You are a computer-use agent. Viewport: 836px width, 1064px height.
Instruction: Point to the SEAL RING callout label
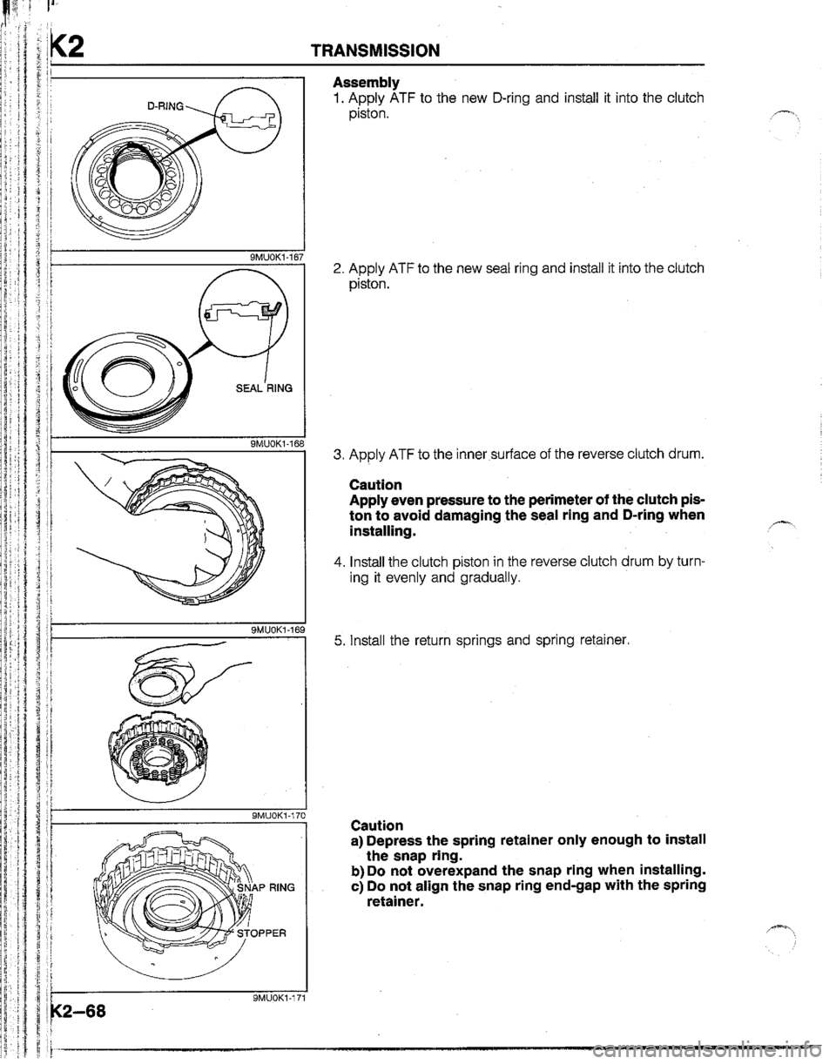(x=255, y=392)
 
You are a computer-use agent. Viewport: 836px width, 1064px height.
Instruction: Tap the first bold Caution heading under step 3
(x=374, y=483)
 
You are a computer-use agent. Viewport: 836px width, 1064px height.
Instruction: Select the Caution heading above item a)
(x=374, y=825)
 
